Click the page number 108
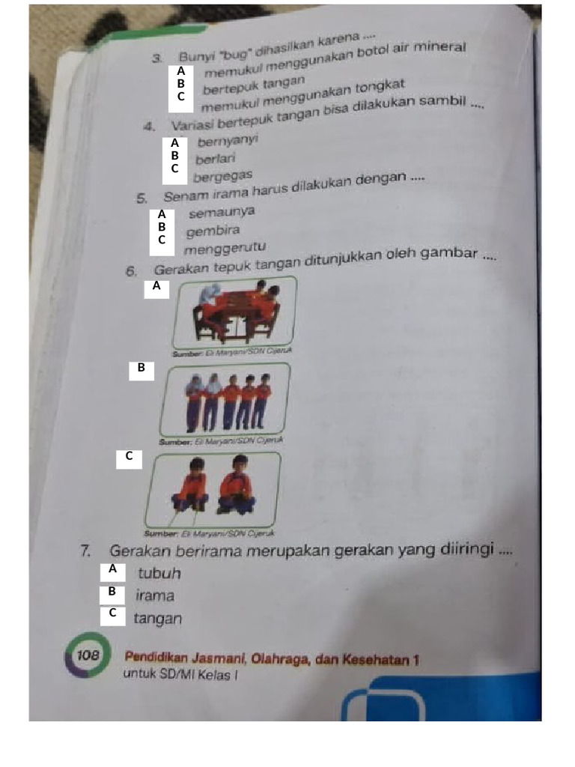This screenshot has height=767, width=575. pyautogui.click(x=88, y=655)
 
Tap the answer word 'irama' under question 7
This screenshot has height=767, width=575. pyautogui.click(x=155, y=596)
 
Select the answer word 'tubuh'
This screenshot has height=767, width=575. pyautogui.click(x=159, y=574)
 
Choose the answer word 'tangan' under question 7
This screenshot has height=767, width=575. pyautogui.click(x=157, y=619)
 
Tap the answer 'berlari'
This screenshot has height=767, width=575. pyautogui.click(x=216, y=159)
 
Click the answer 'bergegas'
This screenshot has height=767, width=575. pyautogui.click(x=222, y=177)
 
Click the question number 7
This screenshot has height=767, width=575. pyautogui.click(x=86, y=553)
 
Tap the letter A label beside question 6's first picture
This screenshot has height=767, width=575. pyautogui.click(x=156, y=287)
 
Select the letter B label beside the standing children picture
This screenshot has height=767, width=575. pyautogui.click(x=141, y=369)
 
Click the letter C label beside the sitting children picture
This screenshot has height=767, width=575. pyautogui.click(x=129, y=456)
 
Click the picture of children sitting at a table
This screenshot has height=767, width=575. pyautogui.click(x=234, y=314)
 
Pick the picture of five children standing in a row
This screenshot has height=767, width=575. pyautogui.click(x=224, y=401)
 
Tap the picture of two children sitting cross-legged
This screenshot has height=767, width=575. pyautogui.click(x=213, y=489)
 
